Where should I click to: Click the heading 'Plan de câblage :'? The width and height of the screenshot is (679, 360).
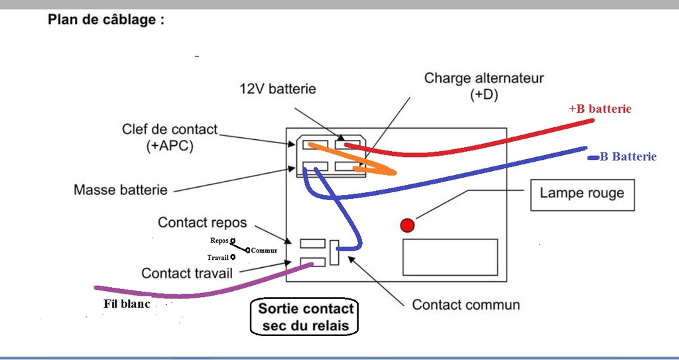click(106, 20)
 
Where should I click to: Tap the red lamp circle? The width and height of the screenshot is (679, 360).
click(407, 225)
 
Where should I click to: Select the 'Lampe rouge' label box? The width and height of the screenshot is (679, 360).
click(582, 195)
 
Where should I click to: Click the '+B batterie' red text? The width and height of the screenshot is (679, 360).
click(599, 109)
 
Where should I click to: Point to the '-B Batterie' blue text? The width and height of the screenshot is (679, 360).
click(622, 157)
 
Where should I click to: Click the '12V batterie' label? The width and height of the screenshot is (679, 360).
click(278, 90)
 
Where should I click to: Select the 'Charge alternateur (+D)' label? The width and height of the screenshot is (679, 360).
click(483, 87)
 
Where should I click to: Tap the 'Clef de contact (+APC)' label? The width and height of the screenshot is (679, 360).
click(170, 138)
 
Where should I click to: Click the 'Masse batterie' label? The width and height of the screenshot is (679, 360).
click(121, 190)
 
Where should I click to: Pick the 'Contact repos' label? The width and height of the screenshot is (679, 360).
click(202, 223)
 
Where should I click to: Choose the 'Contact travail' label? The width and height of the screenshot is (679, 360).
click(187, 273)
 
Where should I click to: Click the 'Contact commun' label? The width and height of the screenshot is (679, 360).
click(466, 304)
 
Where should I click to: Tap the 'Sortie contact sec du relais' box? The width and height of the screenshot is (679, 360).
click(305, 317)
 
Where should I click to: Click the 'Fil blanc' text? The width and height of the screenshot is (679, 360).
click(127, 304)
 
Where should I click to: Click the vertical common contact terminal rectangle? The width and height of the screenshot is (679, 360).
click(334, 253)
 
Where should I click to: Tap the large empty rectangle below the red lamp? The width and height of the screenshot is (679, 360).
click(450, 257)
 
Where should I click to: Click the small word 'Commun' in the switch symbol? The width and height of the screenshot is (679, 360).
click(264, 251)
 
